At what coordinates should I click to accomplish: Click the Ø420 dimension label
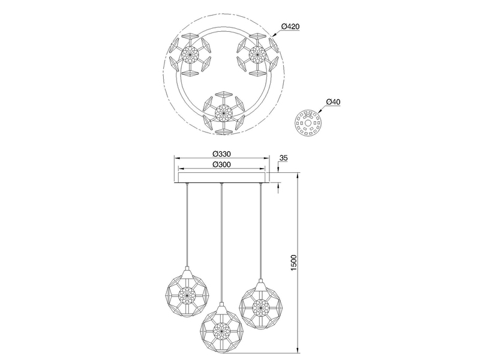tap(290, 26)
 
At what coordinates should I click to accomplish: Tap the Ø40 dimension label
tap(333, 102)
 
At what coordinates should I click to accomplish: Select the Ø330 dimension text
tap(221, 154)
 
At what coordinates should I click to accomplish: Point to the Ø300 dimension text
tap(221, 164)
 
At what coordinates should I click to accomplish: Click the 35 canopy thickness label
tap(284, 158)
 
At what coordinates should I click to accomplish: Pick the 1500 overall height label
tap(293, 262)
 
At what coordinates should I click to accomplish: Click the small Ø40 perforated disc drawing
tap(308, 123)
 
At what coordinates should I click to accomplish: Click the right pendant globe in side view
tap(260, 305)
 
